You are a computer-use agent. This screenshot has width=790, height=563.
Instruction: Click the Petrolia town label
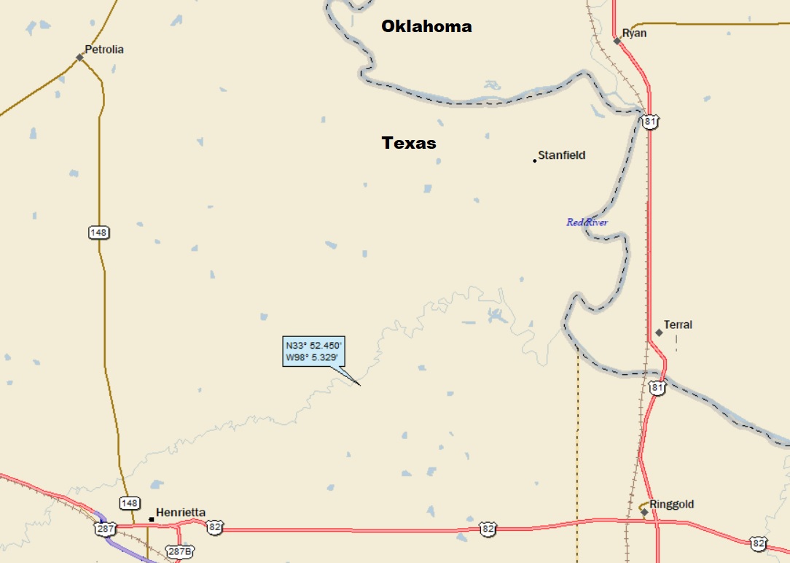[x=104, y=50]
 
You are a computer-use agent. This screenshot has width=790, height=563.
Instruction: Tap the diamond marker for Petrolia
[x=80, y=57]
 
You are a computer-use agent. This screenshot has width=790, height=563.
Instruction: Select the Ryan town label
[x=634, y=34]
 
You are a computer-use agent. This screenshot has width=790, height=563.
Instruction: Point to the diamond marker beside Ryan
[x=617, y=41]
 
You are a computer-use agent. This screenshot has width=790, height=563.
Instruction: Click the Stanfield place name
[x=561, y=155]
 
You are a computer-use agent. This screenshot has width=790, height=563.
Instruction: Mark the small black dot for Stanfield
[x=535, y=160]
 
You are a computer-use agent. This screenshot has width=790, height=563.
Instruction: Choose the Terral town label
[x=678, y=325]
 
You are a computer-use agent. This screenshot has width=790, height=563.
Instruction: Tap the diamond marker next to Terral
[x=659, y=333]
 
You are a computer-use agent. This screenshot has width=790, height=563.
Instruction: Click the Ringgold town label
[x=671, y=504]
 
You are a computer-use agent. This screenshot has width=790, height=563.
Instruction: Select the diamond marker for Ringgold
[x=645, y=512]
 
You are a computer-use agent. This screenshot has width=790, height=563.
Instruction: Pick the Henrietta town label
[x=181, y=512]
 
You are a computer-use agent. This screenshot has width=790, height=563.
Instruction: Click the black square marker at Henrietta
[x=152, y=519]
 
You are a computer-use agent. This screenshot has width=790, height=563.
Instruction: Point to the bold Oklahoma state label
[x=427, y=27]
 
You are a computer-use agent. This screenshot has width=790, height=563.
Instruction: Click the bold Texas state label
[x=409, y=143]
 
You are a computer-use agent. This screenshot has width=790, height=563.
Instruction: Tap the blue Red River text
[x=587, y=222]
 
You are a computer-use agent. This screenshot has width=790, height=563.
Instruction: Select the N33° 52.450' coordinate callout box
[x=313, y=351]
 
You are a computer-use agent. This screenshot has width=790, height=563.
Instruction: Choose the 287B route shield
[x=180, y=551]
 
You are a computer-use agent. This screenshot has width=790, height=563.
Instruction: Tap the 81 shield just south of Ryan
[x=650, y=121]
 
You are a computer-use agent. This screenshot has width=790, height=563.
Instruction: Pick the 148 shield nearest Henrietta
[x=129, y=503]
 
